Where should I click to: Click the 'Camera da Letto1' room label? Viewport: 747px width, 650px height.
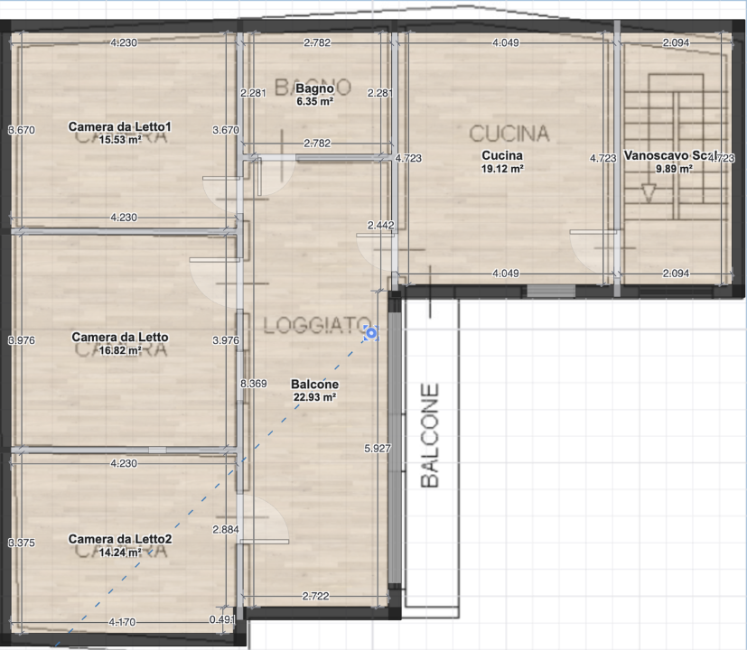tap(120, 126)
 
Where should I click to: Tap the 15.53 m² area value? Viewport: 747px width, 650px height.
tap(120, 140)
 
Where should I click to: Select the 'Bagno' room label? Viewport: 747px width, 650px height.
tap(315, 89)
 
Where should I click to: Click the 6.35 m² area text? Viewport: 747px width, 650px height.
tap(315, 102)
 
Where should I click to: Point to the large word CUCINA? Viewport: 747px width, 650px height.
tap(509, 134)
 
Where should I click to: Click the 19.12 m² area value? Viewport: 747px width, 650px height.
tap(502, 168)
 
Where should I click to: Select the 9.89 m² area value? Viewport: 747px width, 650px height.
tap(673, 168)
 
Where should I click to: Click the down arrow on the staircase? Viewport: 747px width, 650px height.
tap(648, 193)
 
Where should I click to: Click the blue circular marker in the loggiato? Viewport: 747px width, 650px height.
tap(371, 334)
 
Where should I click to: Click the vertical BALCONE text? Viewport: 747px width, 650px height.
tap(431, 436)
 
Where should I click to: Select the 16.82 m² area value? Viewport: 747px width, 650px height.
tap(120, 350)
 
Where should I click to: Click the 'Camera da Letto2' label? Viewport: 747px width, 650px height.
tap(120, 539)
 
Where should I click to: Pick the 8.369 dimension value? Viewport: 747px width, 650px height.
tap(254, 385)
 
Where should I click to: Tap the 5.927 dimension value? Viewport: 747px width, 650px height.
tap(378, 448)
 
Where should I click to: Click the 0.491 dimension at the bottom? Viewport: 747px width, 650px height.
tap(221, 620)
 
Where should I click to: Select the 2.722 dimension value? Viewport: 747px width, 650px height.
tap(315, 597)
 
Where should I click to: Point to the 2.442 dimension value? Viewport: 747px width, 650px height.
tap(380, 225)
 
